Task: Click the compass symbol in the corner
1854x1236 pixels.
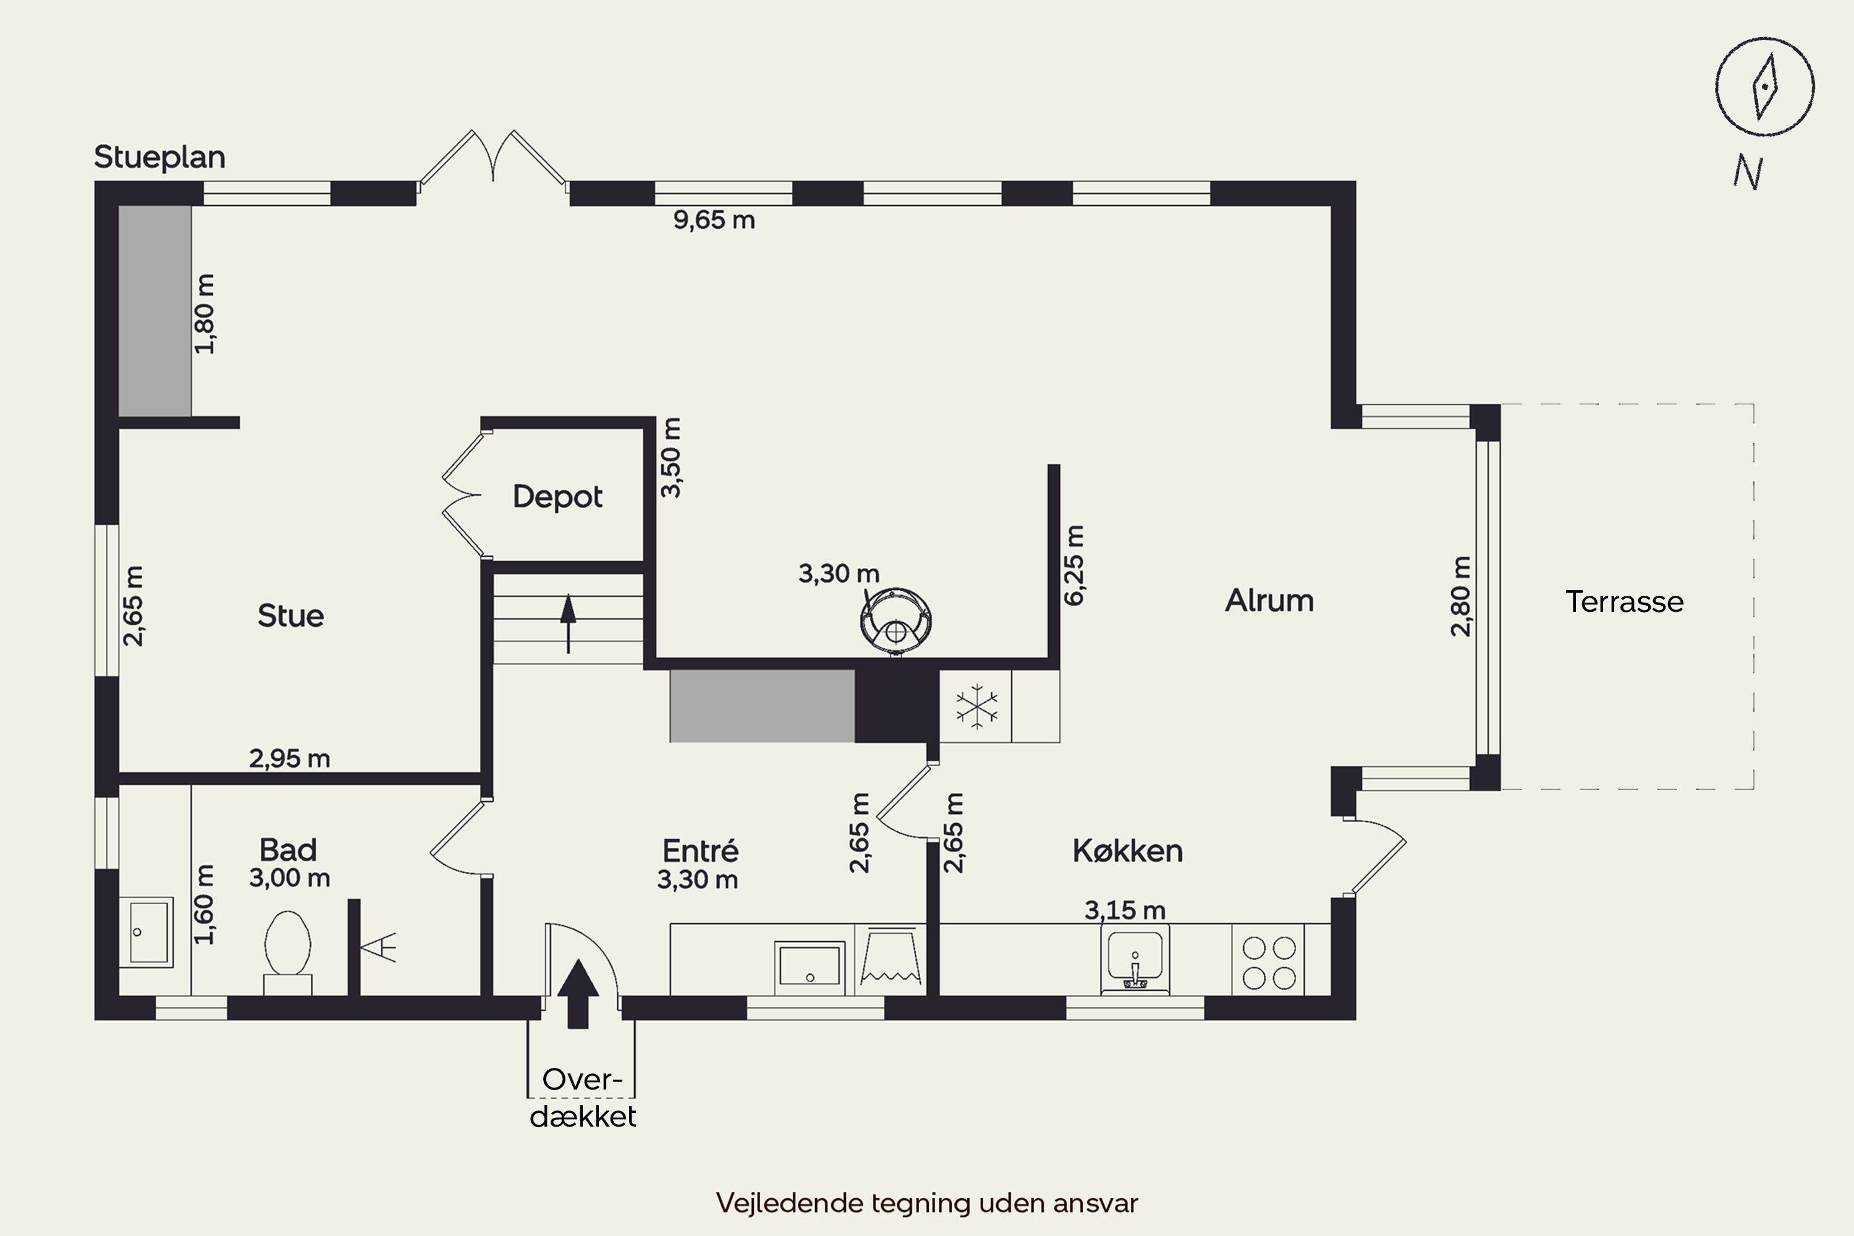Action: pyautogui.click(x=1765, y=87)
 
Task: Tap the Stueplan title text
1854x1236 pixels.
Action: pyautogui.click(x=160, y=158)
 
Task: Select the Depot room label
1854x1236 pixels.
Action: pyautogui.click(x=557, y=497)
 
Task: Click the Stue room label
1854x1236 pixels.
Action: pyautogui.click(x=290, y=616)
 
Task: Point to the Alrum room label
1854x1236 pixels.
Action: pyautogui.click(x=1269, y=601)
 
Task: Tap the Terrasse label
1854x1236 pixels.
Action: pyautogui.click(x=1625, y=601)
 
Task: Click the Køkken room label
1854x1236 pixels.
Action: pyautogui.click(x=1127, y=850)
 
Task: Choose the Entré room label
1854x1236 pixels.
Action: pyautogui.click(x=700, y=850)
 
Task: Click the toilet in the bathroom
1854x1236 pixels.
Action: pyautogui.click(x=288, y=953)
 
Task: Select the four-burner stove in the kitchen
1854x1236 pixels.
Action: pyautogui.click(x=1268, y=962)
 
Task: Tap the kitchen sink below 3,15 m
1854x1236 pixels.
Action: pyautogui.click(x=1135, y=959)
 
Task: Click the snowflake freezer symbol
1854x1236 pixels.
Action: pyautogui.click(x=976, y=706)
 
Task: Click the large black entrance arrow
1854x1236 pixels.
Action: pyautogui.click(x=578, y=993)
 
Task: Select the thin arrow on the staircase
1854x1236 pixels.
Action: pyautogui.click(x=567, y=623)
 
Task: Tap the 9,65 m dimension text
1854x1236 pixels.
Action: pyautogui.click(x=714, y=220)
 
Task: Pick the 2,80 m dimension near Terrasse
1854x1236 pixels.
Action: pyautogui.click(x=1461, y=596)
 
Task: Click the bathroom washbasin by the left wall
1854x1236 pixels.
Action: pyautogui.click(x=146, y=932)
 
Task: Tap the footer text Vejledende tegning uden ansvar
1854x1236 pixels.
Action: pyautogui.click(x=927, y=1203)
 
